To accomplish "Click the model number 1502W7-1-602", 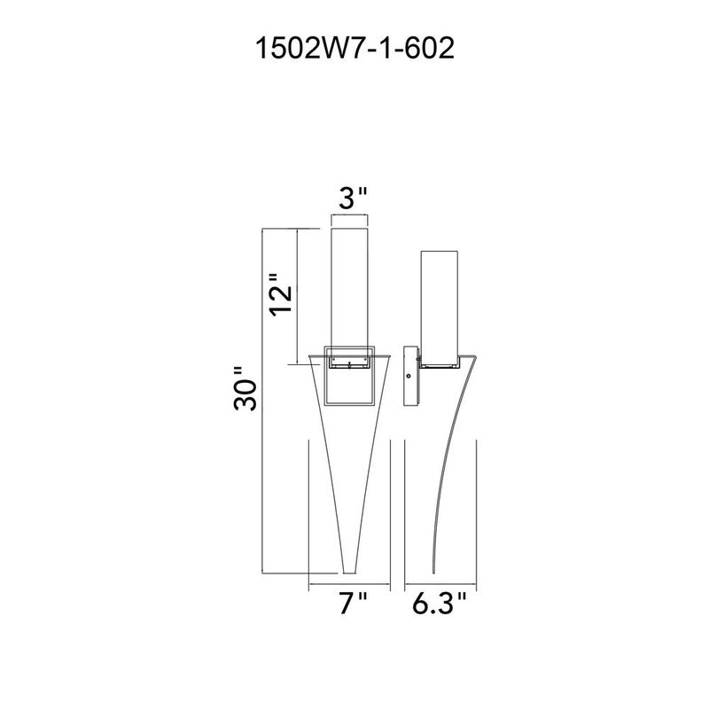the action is pos(354,49).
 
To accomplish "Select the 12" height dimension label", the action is pos(281,295).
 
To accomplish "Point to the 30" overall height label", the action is pos(245,388).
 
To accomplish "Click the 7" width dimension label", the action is pos(353,604).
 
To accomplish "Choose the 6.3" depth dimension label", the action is pos(439,604).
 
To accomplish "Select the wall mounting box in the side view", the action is pos(411,377).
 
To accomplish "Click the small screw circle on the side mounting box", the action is pos(409,376).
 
